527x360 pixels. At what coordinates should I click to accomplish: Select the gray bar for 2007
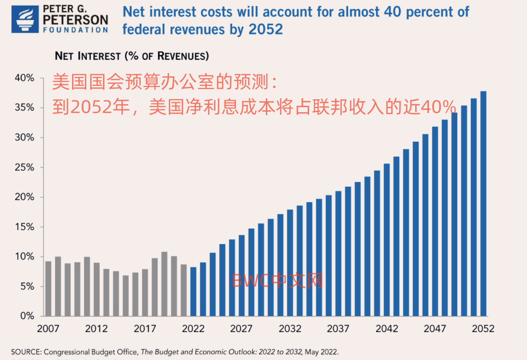[x=48, y=288]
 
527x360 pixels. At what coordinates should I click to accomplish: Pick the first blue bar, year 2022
[x=193, y=291]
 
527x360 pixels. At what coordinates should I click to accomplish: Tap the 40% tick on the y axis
[x=25, y=78]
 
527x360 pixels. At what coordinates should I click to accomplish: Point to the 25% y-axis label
[x=25, y=167]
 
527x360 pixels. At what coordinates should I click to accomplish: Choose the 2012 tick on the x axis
[x=96, y=329]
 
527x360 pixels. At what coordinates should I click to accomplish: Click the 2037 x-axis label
[x=338, y=329]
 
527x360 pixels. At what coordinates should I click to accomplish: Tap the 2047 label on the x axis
[x=434, y=329]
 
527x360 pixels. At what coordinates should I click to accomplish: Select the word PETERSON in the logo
[x=76, y=19]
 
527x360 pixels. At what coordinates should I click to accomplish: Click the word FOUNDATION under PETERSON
[x=76, y=30]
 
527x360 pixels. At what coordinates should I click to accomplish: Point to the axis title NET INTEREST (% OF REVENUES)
[x=132, y=56]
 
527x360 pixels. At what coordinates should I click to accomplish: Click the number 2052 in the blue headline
[x=266, y=29]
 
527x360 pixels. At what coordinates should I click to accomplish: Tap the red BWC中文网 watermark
[x=278, y=281]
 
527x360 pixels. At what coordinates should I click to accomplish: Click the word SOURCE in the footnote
[x=25, y=352]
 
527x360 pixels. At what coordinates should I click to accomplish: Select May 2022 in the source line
[x=322, y=352]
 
